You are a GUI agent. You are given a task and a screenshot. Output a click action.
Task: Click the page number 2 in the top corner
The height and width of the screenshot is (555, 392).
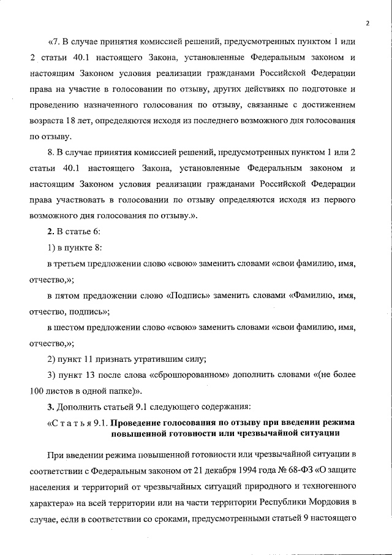[368, 23]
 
